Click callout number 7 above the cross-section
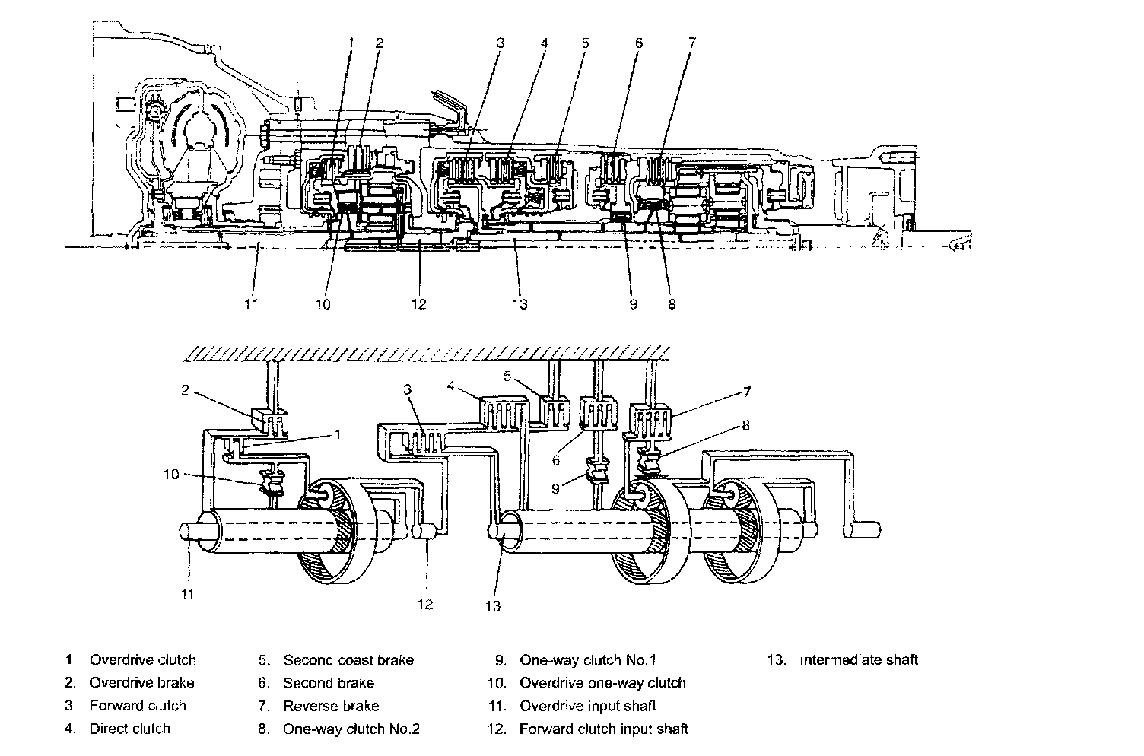pos(692,43)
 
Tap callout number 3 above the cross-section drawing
pos(500,43)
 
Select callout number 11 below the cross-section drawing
pos(251,304)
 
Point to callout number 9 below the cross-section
pos(634,304)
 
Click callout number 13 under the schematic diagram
pos(493,606)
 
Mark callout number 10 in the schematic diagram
pos(172,475)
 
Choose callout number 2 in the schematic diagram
pos(186,390)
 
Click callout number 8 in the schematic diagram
pos(745,425)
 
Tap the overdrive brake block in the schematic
pos(269,422)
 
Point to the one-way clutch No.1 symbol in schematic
pos(598,471)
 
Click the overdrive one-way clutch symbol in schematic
pos(272,483)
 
